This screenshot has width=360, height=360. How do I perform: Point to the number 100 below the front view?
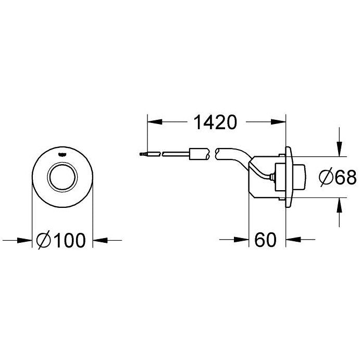click(68, 240)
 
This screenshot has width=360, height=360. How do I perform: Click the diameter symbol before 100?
click(44, 240)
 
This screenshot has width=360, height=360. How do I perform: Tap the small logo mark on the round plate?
click(63, 153)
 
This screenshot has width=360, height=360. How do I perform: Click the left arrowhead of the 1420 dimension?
click(153, 123)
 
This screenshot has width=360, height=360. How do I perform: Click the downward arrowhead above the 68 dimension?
click(340, 151)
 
